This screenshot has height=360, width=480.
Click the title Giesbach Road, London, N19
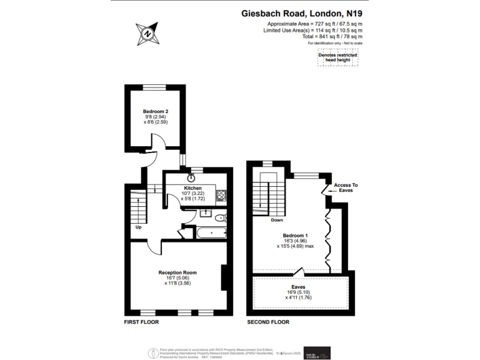[x=302, y=12]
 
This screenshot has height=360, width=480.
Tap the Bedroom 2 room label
[x=156, y=111]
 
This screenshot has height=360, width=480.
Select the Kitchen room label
[x=192, y=187]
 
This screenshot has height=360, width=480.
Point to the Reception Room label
[x=177, y=272]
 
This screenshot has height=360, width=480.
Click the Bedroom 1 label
[x=295, y=234]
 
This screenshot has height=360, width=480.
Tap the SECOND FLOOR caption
[x=268, y=322]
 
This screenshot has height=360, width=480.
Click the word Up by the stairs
[x=138, y=227]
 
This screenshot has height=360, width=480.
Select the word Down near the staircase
[x=277, y=220]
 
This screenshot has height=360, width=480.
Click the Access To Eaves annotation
[x=346, y=188]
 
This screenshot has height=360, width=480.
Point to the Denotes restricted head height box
[x=337, y=58]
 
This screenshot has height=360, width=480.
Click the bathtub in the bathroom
[x=211, y=233]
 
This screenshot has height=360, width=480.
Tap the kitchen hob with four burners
[x=221, y=195]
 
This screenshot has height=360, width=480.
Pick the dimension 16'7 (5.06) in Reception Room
[x=177, y=278]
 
